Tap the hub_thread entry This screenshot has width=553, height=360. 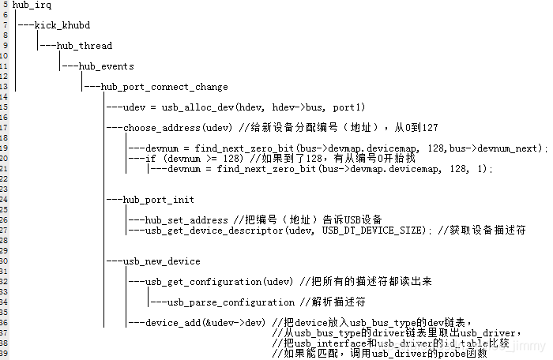pyautogui.click(x=85, y=46)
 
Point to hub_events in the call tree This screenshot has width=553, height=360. pyautogui.click(x=106, y=66)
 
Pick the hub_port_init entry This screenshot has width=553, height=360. pyautogui.click(x=159, y=200)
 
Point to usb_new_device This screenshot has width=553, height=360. pyautogui.click(x=161, y=261)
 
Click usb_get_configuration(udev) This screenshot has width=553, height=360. pyautogui.click(x=220, y=282)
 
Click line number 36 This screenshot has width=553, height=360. pyautogui.click(x=5, y=322)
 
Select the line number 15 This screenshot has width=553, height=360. pyautogui.click(x=5, y=107)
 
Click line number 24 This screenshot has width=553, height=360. pyautogui.click(x=5, y=200)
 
